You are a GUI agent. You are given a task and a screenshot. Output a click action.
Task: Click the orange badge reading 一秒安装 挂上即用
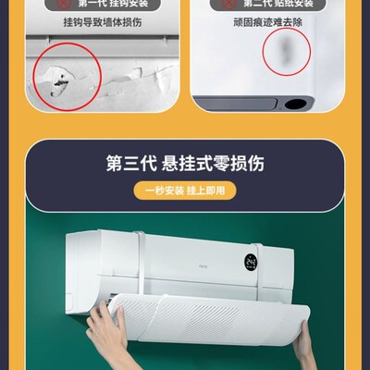(x=184, y=191)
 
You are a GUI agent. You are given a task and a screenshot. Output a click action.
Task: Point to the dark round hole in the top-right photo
(x=300, y=103)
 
